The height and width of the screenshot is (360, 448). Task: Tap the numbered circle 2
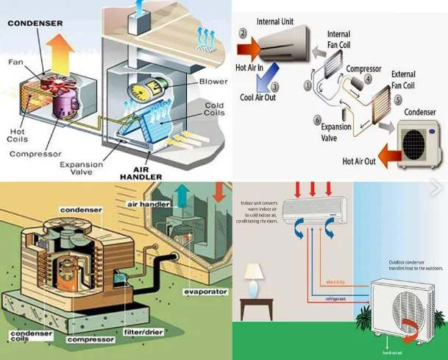[243, 34]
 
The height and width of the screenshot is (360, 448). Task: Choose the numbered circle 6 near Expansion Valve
[317, 120]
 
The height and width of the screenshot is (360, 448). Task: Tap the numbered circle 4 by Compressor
[369, 77]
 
